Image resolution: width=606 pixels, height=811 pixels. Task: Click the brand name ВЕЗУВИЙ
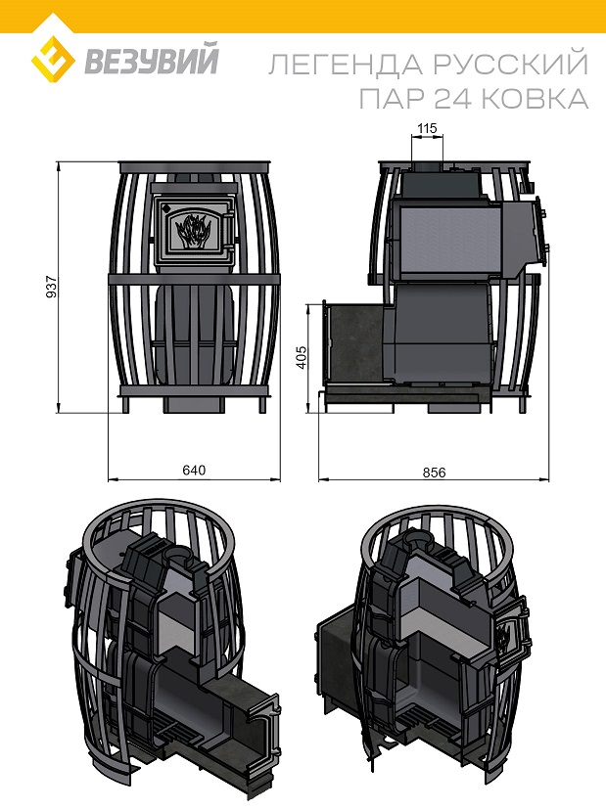pyautogui.click(x=151, y=61)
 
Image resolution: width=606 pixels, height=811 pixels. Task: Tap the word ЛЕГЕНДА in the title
pyautogui.click(x=346, y=65)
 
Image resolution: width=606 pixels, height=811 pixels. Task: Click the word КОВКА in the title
pyautogui.click(x=538, y=98)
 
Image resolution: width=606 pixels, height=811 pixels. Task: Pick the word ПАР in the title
pyautogui.click(x=393, y=98)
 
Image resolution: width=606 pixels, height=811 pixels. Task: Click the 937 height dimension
pyautogui.click(x=51, y=287)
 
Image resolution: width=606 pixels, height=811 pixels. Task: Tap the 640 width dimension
pyautogui.click(x=194, y=471)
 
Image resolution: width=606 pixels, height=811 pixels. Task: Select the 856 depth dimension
pyautogui.click(x=434, y=473)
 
